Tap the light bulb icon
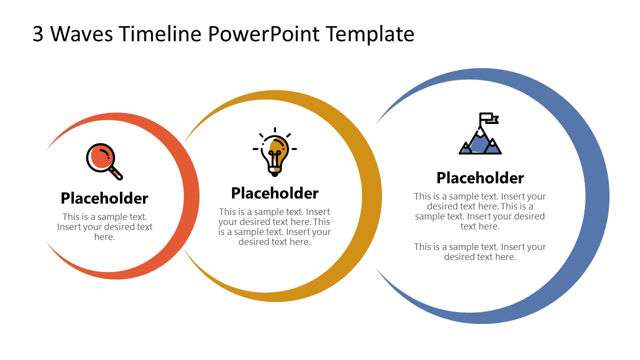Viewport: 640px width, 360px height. point(274,152)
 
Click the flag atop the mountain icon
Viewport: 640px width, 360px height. point(488,118)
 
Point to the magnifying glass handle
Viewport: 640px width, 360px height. point(116,173)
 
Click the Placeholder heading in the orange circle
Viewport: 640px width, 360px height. point(104,198)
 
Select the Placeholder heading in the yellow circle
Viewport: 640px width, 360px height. point(274,193)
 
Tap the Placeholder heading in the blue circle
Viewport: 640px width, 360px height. point(480,177)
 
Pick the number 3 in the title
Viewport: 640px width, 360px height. point(38,34)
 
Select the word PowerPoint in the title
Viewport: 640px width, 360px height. point(264,34)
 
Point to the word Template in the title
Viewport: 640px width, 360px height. point(370,34)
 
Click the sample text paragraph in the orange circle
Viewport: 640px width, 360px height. point(104,227)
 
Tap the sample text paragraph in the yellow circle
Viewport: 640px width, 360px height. point(274,226)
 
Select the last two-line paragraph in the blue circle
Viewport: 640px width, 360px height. point(480,251)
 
